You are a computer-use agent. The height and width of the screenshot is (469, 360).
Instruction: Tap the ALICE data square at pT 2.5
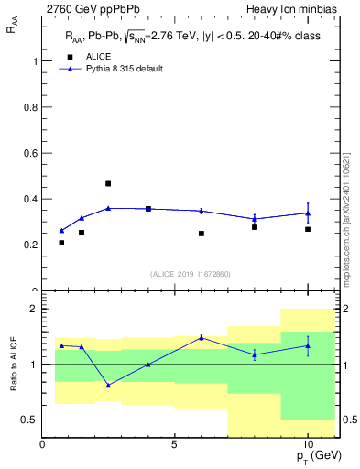[x=108, y=183]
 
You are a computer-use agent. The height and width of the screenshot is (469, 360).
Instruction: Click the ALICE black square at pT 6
[x=202, y=234]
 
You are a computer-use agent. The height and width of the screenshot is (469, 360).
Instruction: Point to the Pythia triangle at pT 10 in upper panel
[x=308, y=213]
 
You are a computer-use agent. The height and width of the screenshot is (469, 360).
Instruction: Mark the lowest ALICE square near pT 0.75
[x=61, y=243]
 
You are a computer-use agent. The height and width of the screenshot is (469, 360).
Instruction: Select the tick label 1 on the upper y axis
[x=34, y=61]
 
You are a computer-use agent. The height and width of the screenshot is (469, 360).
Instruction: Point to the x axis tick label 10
[x=308, y=444]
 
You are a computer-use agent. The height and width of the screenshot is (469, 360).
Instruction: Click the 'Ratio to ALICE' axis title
[x=14, y=365]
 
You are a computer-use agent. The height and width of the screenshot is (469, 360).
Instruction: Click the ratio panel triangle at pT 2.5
[x=108, y=385]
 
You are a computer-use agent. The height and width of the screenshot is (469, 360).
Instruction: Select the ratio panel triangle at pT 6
[x=202, y=337]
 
